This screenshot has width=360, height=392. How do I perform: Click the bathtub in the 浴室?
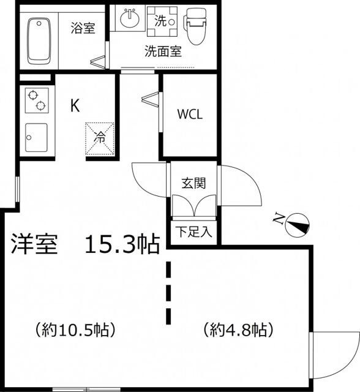(x=39, y=41)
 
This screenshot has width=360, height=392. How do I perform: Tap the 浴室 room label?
(x=83, y=28)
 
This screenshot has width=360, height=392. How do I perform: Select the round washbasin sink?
(x=130, y=18)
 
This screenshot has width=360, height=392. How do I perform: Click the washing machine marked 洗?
(x=162, y=21)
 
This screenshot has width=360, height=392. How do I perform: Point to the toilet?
(x=196, y=26)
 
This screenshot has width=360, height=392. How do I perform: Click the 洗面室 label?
(x=163, y=51)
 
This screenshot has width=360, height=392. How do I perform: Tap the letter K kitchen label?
(x=75, y=105)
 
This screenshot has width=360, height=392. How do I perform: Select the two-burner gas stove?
(x=37, y=100)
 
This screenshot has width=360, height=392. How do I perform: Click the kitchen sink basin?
(x=36, y=137)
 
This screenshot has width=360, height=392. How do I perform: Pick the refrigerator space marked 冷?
(x=100, y=139)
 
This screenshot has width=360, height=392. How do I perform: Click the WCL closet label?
(x=190, y=115)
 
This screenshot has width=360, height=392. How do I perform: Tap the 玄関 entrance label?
(x=193, y=183)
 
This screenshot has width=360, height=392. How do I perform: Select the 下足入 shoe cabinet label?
(x=193, y=232)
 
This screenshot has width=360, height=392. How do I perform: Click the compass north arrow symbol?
(x=298, y=225)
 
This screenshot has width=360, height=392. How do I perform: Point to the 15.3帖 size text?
(x=122, y=244)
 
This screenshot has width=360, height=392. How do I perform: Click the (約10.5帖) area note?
(x=75, y=330)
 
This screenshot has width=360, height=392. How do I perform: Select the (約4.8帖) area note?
(x=238, y=330)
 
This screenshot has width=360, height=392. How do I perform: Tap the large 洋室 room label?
(x=34, y=244)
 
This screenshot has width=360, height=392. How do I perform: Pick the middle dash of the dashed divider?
(x=169, y=293)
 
